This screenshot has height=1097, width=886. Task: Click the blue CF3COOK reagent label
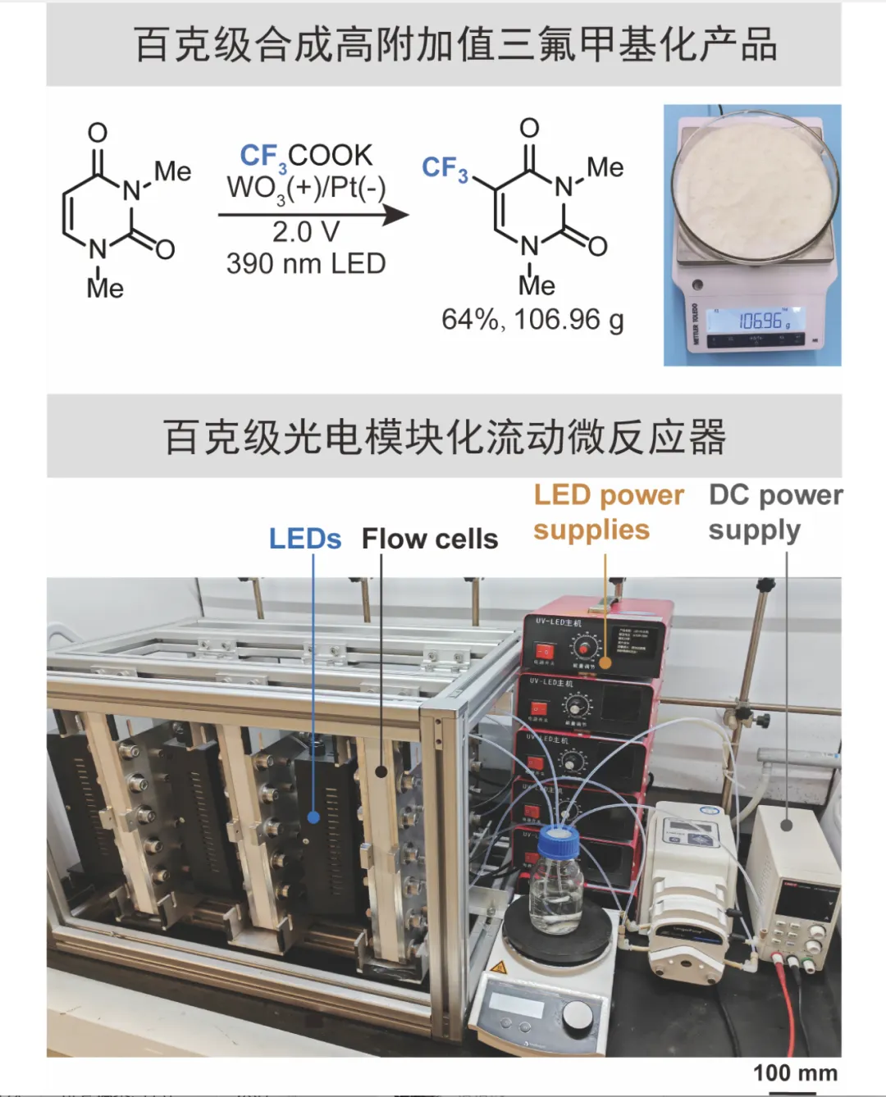coord(305,155)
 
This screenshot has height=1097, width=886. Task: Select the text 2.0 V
coord(305,232)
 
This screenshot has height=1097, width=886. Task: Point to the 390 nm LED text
coord(305,264)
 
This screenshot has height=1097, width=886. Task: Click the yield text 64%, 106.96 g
coord(532,319)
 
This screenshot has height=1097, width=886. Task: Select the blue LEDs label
coord(304,539)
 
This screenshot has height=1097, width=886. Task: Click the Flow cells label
coord(430,539)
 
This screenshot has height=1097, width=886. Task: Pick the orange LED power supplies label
coord(608,512)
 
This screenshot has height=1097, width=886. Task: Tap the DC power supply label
coord(774,512)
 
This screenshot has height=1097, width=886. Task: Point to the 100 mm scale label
coord(795,1073)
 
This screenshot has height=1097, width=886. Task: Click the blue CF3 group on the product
coord(445,168)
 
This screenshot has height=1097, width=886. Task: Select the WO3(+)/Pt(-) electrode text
coord(305,188)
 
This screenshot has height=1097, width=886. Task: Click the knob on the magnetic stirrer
coord(578,1016)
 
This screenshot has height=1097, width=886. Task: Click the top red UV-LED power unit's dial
coord(584,649)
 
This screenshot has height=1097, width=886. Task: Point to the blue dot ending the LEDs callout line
coord(313,817)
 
